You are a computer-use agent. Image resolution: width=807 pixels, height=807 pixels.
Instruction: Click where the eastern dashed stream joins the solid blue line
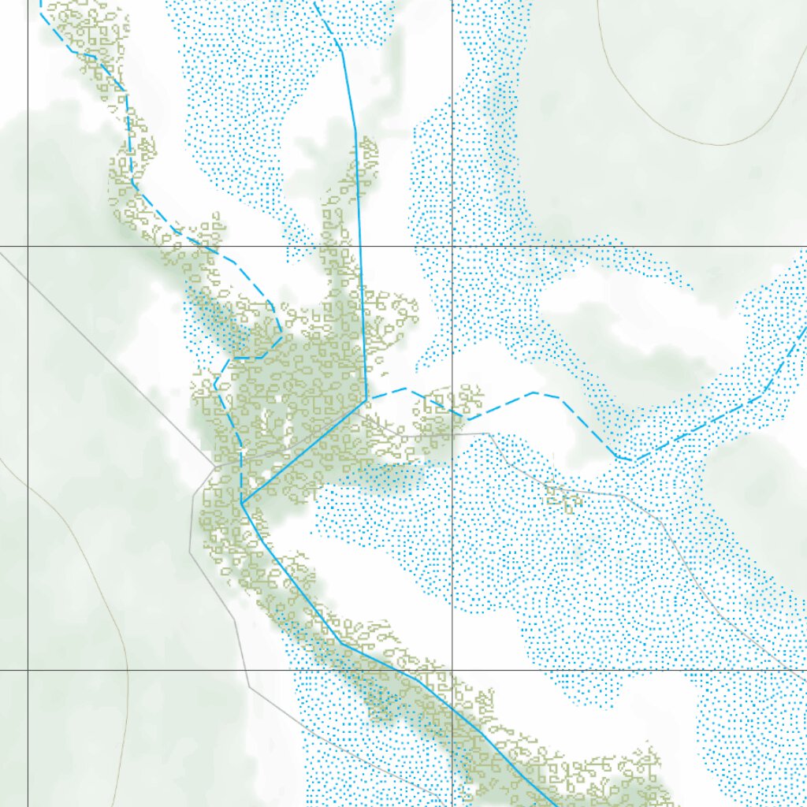click(x=366, y=399)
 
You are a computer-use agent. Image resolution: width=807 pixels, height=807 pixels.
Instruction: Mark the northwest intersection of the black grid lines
click(x=28, y=247)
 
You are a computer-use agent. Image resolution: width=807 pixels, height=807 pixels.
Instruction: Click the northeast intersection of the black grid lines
click(x=452, y=247)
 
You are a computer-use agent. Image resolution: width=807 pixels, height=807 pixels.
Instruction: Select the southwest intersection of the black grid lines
click(x=28, y=670)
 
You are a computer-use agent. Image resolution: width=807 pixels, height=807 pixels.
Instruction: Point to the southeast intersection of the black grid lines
click(x=452, y=670)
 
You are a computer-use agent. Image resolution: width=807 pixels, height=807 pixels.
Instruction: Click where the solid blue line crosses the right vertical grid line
click(x=452, y=705)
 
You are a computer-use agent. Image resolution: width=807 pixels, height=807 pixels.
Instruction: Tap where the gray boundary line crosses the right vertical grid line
click(x=452, y=433)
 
